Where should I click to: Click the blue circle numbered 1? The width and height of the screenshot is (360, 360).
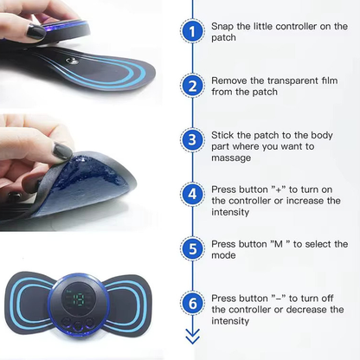(191, 33)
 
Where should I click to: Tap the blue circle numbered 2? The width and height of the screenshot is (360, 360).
(191, 87)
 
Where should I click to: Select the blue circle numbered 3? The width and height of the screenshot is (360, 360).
(191, 140)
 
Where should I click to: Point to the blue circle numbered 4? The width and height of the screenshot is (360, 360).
(191, 194)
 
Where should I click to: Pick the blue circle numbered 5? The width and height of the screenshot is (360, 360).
(191, 248)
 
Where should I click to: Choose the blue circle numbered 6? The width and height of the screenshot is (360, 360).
(191, 303)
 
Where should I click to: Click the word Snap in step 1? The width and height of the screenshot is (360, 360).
(225, 27)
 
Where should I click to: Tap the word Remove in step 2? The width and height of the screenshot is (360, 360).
(231, 80)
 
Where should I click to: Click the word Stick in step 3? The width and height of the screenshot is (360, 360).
(224, 135)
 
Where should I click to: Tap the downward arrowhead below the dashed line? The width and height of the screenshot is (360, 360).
(191, 335)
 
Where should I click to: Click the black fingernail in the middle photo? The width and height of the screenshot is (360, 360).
(62, 152)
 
